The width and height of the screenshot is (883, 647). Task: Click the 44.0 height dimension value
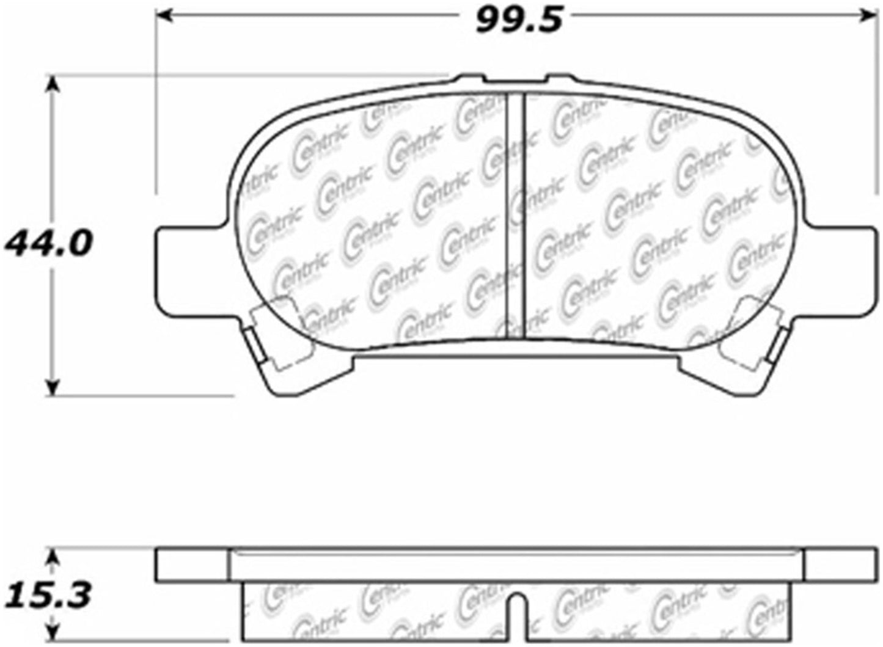click(48, 244)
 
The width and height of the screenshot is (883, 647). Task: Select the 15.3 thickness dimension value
click(48, 593)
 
